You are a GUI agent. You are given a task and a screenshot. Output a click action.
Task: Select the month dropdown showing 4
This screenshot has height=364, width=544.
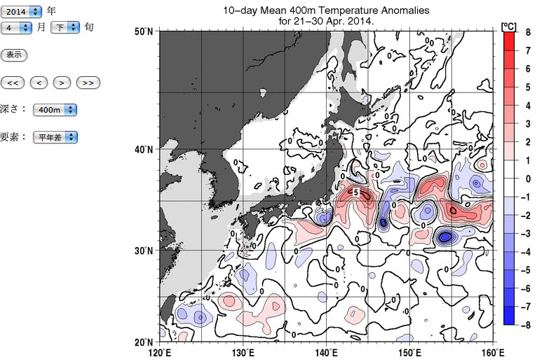pos(17,27)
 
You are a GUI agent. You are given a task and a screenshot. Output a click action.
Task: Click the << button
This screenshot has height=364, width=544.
pos(13,83)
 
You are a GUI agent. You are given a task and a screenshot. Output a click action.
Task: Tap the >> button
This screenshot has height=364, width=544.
pos(88,83)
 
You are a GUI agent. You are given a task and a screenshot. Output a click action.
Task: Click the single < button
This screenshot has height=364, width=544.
pos(39,83)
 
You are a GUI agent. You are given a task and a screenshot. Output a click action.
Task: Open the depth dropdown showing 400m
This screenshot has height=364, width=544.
pos(55,110)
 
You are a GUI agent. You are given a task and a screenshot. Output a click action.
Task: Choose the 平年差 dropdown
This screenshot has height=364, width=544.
pos(55,137)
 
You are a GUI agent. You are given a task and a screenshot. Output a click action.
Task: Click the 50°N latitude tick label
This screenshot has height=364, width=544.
pos(144,32)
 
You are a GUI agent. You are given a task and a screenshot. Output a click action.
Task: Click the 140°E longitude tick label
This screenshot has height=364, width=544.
pos(327,353)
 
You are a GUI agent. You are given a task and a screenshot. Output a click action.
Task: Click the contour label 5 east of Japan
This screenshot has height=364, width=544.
pos(355,192)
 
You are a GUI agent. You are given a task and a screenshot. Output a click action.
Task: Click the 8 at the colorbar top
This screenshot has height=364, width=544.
pos(527,32)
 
